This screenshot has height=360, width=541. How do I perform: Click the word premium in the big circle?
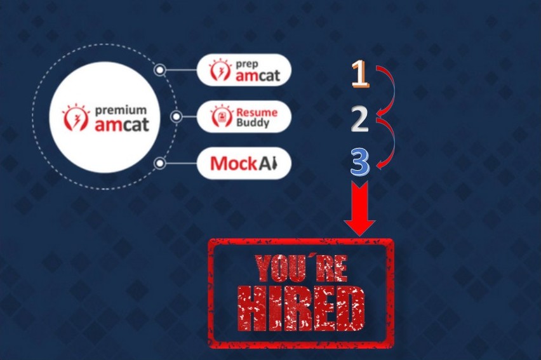[x=121, y=110]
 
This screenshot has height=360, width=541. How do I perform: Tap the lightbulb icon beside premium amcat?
[x=76, y=117]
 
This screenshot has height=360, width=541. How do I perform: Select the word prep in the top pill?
[x=247, y=65]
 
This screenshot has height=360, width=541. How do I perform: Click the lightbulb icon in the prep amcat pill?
[x=220, y=70]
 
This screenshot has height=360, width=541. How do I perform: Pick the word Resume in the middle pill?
[x=257, y=112]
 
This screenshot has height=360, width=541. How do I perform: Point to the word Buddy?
[x=253, y=123]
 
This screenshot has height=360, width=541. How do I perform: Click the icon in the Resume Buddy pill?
[x=221, y=116]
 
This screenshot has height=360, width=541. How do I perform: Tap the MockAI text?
[x=244, y=163]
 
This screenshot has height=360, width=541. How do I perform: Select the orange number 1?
[x=360, y=74]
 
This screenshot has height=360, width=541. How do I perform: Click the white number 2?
[x=359, y=119]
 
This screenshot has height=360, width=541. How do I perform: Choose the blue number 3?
[x=360, y=161]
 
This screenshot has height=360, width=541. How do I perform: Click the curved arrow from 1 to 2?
[x=393, y=90]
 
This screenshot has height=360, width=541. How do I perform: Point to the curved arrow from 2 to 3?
[x=393, y=142]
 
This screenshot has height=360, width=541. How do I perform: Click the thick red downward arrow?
[x=359, y=209]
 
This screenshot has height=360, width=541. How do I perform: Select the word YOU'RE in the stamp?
[x=301, y=268]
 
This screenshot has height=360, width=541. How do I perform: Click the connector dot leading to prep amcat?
[x=159, y=70]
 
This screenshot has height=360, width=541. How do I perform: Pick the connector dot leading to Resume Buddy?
[x=176, y=117]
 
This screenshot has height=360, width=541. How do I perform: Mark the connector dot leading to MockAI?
[x=160, y=163]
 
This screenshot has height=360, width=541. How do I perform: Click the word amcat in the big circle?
[x=122, y=124]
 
